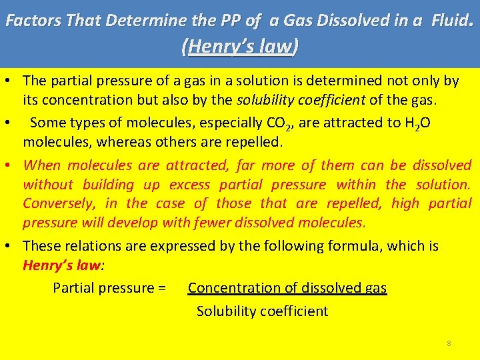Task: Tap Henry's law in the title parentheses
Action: click(240, 47)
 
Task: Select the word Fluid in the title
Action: click(451, 21)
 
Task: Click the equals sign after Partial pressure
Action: click(160, 288)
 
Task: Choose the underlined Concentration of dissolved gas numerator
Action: click(287, 288)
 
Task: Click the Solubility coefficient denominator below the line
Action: click(262, 311)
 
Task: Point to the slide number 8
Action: click(449, 343)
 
